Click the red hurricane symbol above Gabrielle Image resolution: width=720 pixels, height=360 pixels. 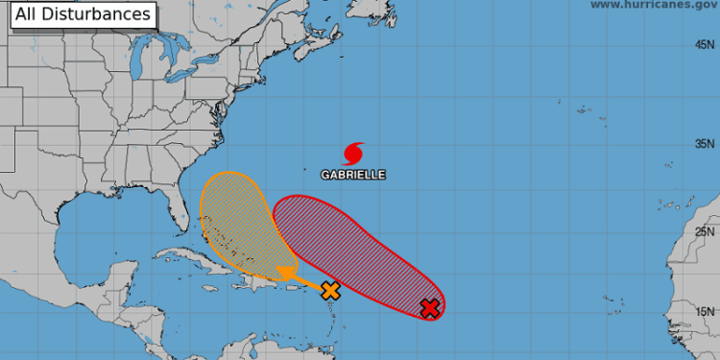tap(353, 153)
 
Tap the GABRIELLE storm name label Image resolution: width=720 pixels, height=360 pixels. tap(353, 176)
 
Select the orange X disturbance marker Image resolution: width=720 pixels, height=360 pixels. tap(330, 290)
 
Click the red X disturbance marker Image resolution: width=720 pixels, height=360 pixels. tap(430, 308)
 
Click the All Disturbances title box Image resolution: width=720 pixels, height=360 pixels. tap(83, 14)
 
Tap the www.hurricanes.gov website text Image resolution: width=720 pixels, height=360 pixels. tap(653, 6)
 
